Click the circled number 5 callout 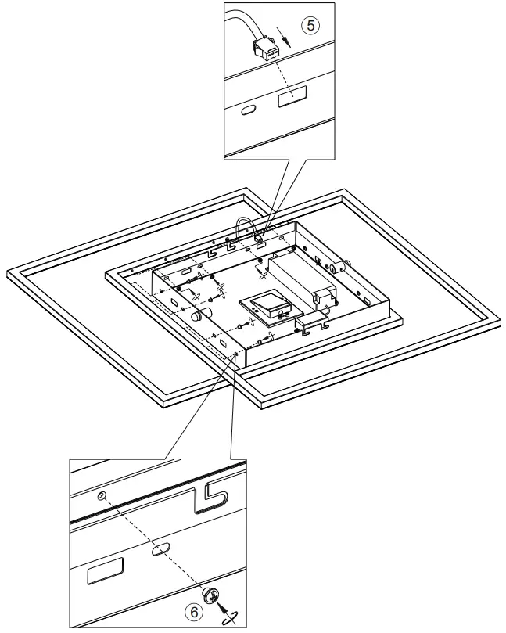311,26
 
